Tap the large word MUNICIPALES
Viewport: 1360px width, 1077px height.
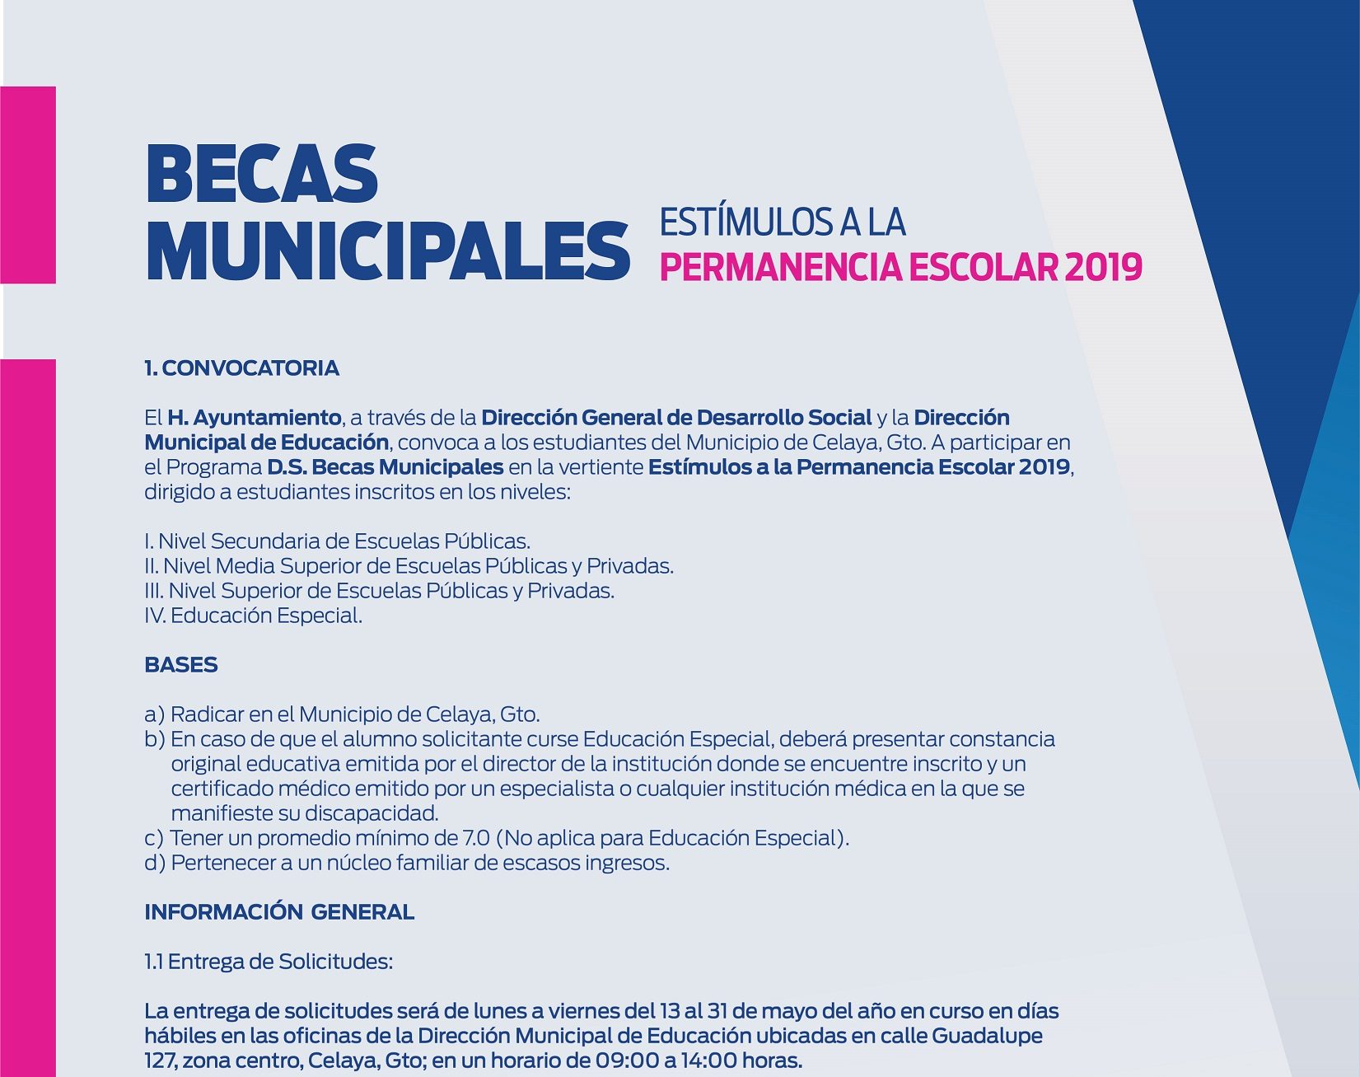387,251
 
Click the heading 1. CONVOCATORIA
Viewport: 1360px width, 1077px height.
241,368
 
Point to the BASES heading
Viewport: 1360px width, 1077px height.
181,665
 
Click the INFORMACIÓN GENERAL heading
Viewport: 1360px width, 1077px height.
279,912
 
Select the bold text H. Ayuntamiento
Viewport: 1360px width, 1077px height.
254,418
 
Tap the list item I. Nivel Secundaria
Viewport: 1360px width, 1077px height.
337,541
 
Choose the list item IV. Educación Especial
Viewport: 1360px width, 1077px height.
253,616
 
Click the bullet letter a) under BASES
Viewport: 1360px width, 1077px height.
154,714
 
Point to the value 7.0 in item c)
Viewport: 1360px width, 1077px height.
476,838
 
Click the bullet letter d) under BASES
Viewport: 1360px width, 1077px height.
154,863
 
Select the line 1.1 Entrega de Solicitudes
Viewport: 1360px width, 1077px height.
269,962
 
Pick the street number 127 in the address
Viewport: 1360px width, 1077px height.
160,1061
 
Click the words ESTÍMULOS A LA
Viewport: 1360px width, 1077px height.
782,222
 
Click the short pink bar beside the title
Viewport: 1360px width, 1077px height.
28,185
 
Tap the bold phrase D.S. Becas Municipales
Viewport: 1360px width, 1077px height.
385,467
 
